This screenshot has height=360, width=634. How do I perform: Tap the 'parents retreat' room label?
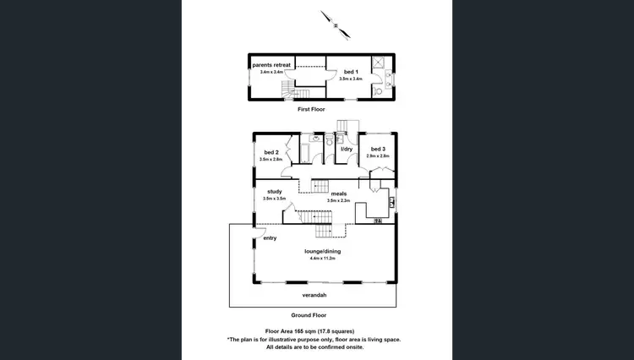[x=271, y=65]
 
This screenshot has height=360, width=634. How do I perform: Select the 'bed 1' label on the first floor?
[x=350, y=71]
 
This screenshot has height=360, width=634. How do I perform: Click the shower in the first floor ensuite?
[x=380, y=63]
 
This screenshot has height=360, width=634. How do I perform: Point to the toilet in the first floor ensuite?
[x=380, y=91]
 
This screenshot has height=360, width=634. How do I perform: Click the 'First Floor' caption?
[x=311, y=110]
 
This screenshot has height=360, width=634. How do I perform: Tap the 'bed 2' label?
[x=271, y=152]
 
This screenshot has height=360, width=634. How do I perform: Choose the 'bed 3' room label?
[x=377, y=150]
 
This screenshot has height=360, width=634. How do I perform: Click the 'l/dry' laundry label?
[x=346, y=150]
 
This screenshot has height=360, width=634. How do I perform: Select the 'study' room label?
[x=274, y=192]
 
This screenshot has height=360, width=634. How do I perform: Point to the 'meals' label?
[x=338, y=194]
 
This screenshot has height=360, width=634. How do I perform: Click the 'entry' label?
[x=271, y=238]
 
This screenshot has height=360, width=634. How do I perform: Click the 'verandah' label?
[x=314, y=295]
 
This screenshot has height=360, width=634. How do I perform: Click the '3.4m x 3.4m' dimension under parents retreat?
[x=271, y=73]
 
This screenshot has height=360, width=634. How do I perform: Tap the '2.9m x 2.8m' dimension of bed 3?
[x=378, y=156]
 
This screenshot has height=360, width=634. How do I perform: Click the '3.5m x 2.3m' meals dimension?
[x=338, y=200]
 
